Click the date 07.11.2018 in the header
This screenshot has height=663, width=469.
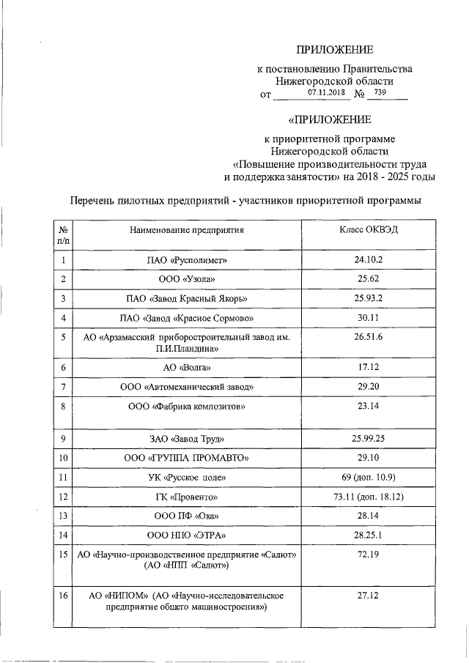tap(326, 93)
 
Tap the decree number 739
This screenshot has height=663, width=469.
tap(380, 93)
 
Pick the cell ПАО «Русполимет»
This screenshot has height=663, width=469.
tap(188, 260)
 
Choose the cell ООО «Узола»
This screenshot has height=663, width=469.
tap(188, 279)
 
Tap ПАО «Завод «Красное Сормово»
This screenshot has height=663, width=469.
tap(188, 318)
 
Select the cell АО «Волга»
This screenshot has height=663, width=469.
tap(188, 368)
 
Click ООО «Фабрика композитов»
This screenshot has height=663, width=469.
tap(188, 406)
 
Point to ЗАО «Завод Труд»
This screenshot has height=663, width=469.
tap(188, 440)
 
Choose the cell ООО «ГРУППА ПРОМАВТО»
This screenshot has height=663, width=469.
tap(188, 459)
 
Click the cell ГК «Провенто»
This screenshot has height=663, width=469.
tap(188, 497)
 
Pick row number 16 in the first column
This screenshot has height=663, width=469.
tap(63, 596)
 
